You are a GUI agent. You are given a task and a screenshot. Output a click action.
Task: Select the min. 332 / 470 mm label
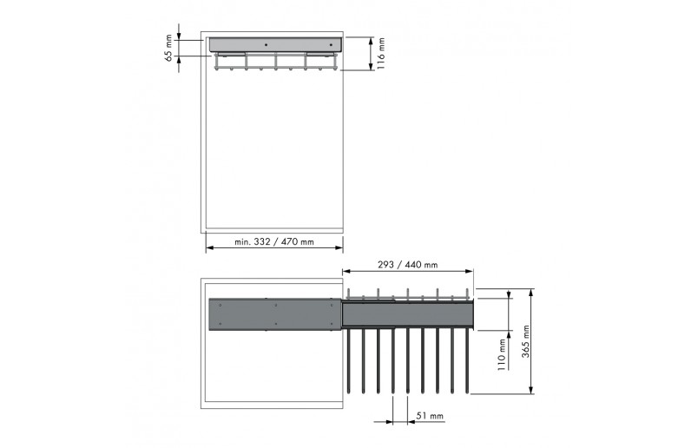tap(274, 242)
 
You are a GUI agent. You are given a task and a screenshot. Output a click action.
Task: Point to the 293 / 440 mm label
tap(407, 265)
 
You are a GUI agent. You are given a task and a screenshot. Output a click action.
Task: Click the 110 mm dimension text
tap(500, 356)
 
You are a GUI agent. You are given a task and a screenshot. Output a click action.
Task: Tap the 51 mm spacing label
tap(430, 417)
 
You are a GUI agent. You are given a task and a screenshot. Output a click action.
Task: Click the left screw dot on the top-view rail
tap(266, 43)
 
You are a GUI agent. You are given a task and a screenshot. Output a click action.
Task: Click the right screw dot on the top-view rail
tap(331, 43)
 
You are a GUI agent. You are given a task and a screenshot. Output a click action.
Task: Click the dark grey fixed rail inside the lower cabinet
tap(274, 314)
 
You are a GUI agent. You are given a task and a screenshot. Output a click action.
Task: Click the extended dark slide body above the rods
tap(407, 313)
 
